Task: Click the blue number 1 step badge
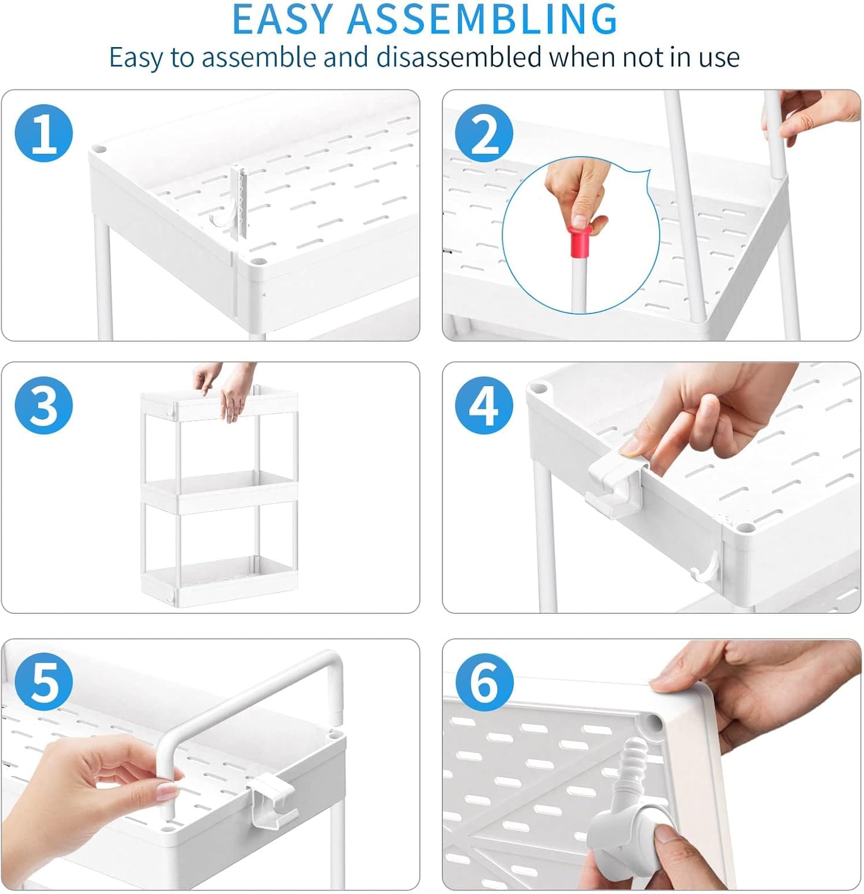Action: [44, 133]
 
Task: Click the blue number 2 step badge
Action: [484, 133]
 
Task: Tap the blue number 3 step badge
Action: [44, 406]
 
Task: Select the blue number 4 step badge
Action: [484, 406]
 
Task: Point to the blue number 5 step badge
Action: [44, 681]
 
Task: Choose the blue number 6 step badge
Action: [484, 681]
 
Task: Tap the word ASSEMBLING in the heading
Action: [483, 20]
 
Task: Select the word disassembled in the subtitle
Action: [458, 57]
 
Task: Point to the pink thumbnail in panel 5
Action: [167, 791]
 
